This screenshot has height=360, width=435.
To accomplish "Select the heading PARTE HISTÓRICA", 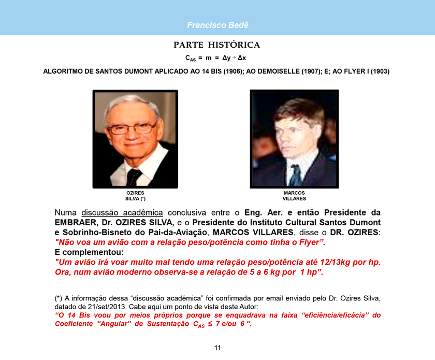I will [x=217, y=45].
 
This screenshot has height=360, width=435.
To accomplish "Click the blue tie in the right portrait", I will [x=296, y=175].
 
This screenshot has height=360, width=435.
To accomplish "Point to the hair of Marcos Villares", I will [x=293, y=109].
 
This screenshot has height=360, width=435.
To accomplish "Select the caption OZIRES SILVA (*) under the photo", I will [x=135, y=196].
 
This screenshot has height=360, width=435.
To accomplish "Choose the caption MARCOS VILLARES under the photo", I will [x=294, y=196].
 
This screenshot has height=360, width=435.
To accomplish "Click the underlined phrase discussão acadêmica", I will [x=122, y=212].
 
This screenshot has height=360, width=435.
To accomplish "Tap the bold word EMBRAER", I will [x=77, y=222].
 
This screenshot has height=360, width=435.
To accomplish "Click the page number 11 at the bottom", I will [x=218, y=348].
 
